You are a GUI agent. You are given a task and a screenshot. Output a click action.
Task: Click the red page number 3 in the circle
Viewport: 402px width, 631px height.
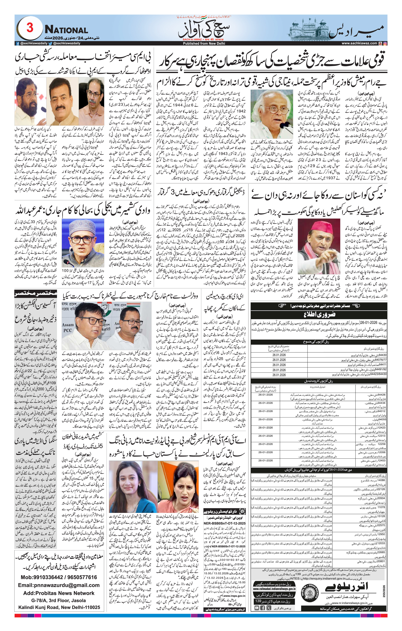(x=30, y=28)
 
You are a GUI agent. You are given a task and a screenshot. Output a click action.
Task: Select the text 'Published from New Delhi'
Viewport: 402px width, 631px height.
(x=204, y=44)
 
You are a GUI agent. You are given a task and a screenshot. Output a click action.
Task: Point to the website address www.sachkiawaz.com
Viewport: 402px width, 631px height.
(x=359, y=43)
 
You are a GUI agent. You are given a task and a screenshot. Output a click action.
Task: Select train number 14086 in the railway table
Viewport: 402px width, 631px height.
(x=381, y=480)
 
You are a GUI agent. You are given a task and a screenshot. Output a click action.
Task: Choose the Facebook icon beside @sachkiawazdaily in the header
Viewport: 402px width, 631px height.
(x=18, y=44)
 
